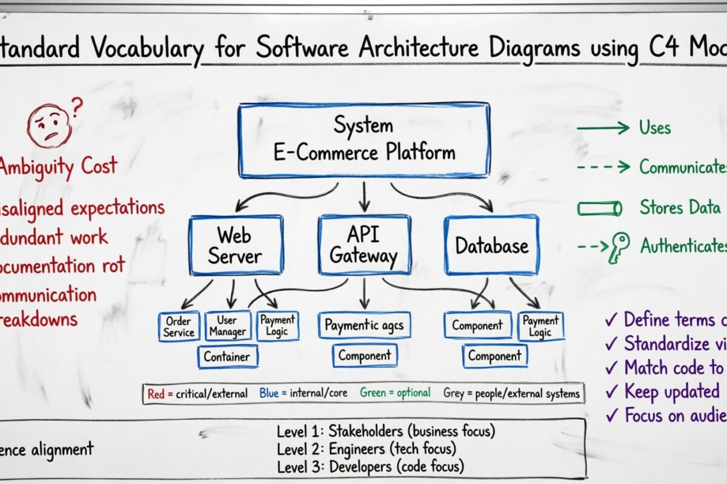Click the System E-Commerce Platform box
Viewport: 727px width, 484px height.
[363, 140]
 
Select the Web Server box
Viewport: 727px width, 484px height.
[235, 245]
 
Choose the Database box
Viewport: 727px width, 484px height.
[491, 245]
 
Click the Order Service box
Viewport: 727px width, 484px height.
[179, 327]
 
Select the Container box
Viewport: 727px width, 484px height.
[227, 356]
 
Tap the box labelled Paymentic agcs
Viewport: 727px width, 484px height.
[363, 325]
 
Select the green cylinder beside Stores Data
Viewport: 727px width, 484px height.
[599, 209]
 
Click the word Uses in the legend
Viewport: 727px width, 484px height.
[655, 128]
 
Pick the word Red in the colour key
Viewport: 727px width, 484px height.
[156, 393]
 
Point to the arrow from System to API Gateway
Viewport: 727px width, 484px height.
[363, 195]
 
